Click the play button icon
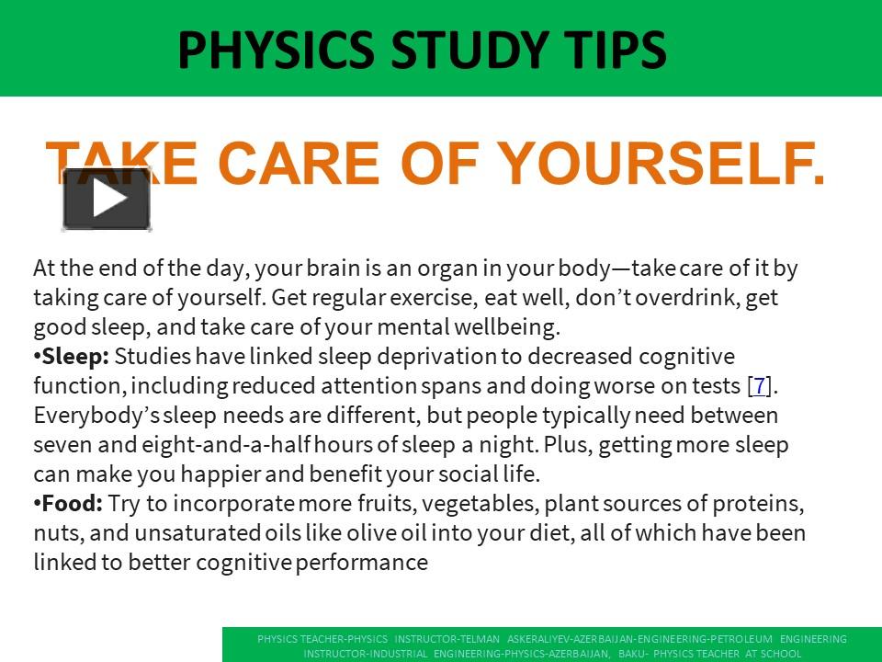(107, 200)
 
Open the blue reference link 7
(760, 386)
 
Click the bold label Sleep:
(75, 357)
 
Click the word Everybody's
(85, 416)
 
